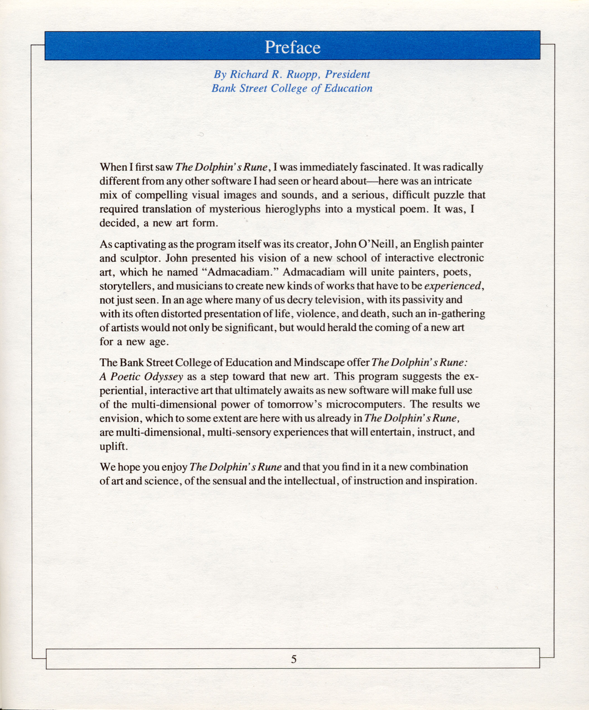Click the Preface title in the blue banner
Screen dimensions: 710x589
[292, 47]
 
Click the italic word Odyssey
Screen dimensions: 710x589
[163, 377]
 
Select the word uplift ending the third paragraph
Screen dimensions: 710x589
[113, 447]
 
